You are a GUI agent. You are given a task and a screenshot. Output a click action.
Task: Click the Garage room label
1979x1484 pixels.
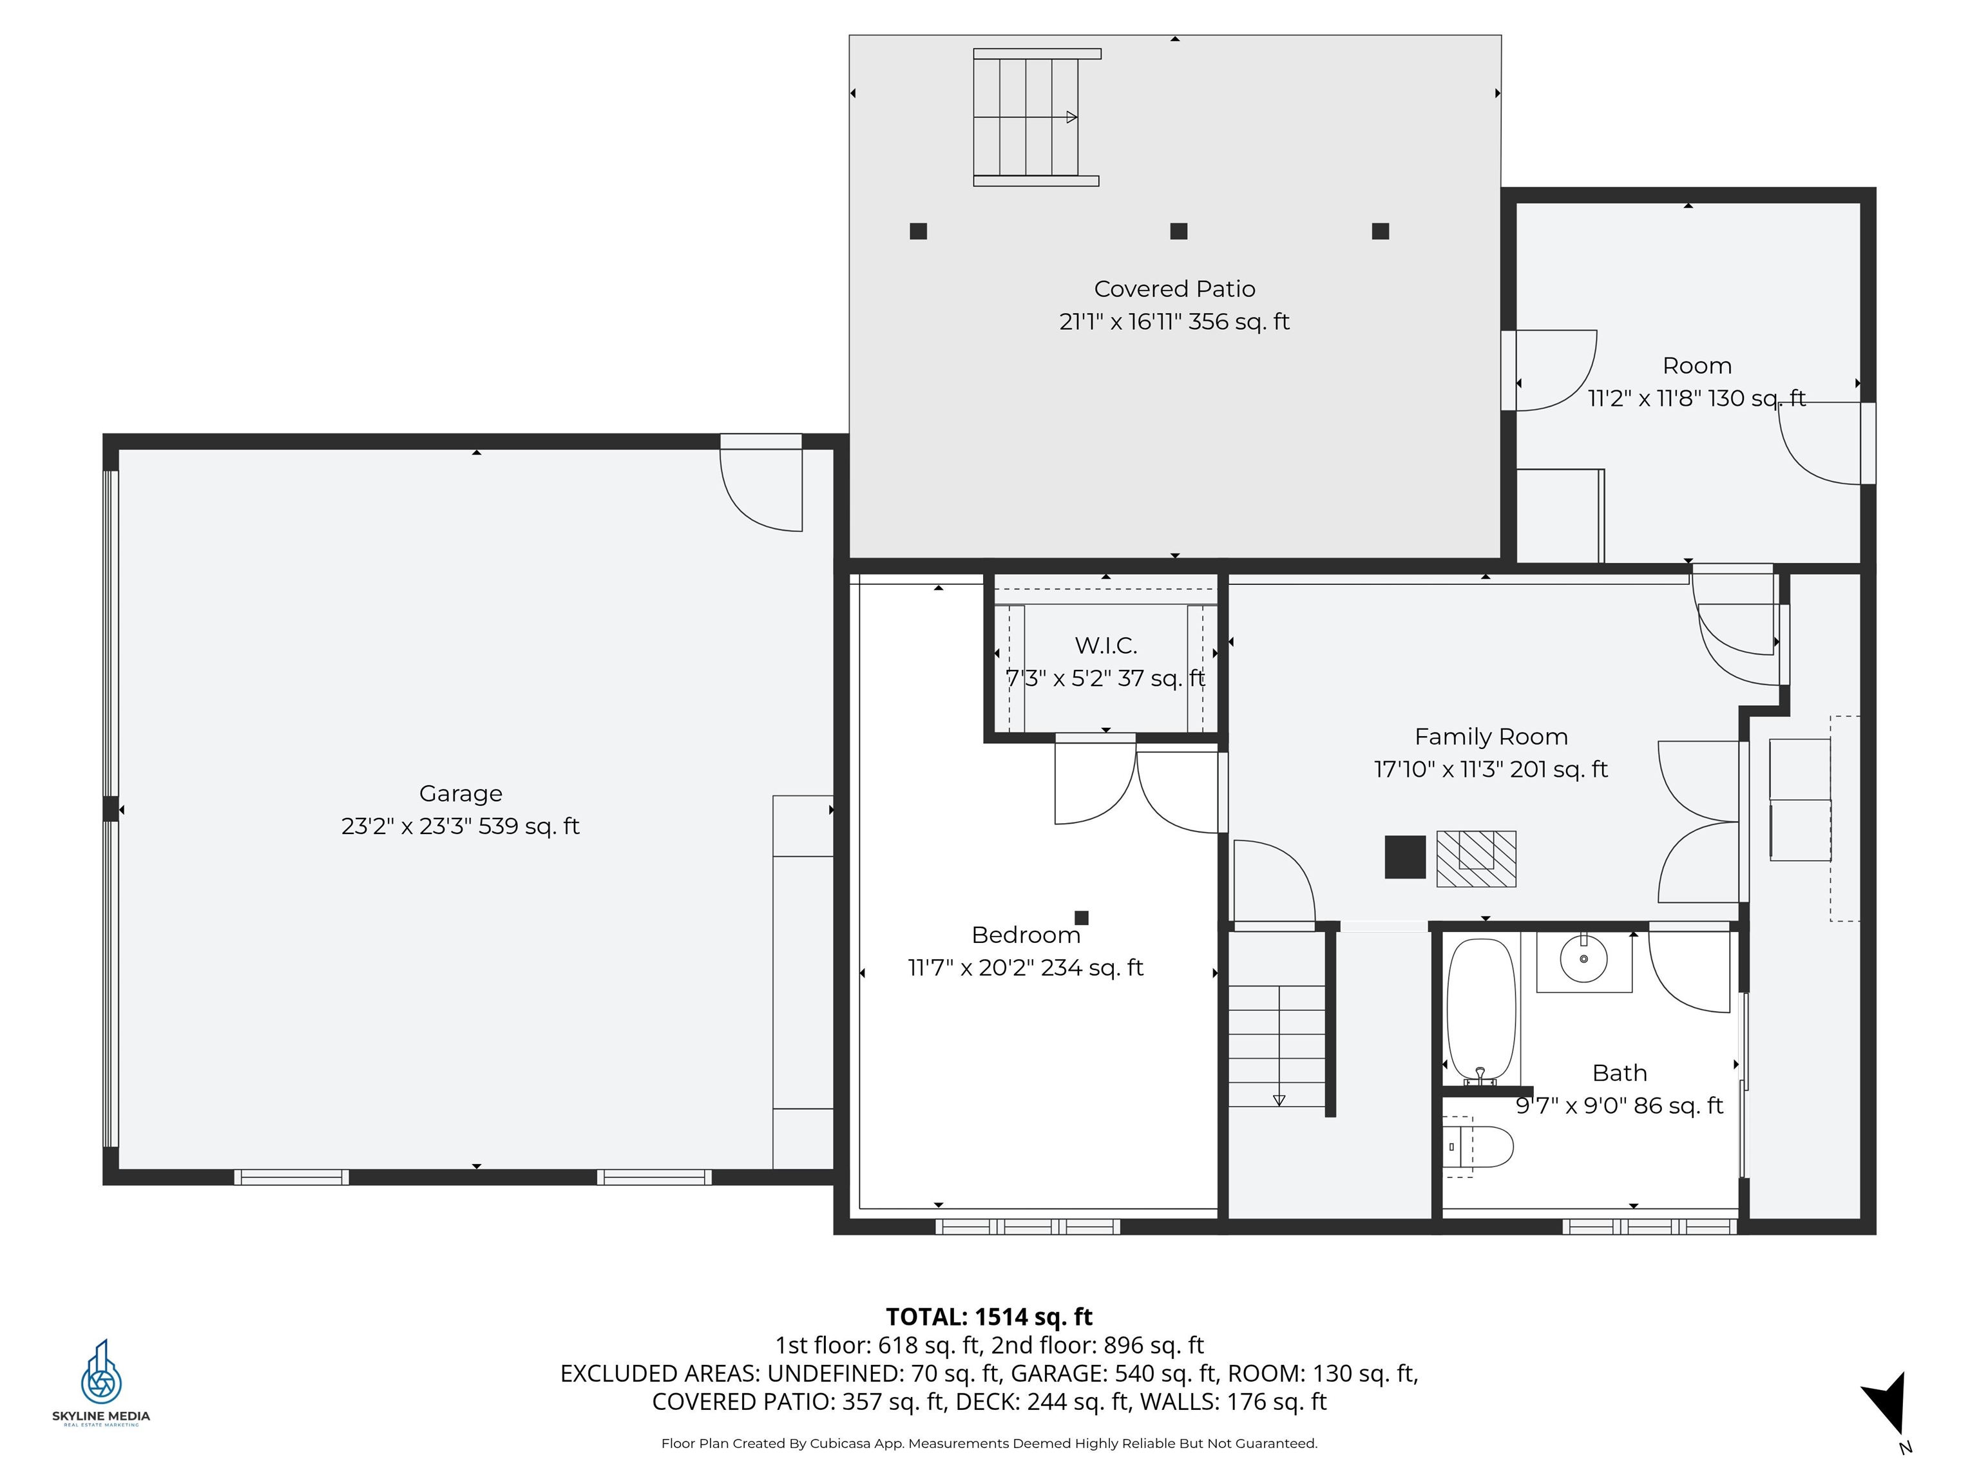pyautogui.click(x=460, y=794)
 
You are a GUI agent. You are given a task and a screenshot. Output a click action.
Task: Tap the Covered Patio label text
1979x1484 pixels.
pyautogui.click(x=1174, y=289)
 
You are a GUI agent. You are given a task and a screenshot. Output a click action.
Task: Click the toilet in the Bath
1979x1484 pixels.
pyautogui.click(x=1480, y=1146)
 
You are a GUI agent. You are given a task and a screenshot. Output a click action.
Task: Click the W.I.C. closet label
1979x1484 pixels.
pyautogui.click(x=1106, y=645)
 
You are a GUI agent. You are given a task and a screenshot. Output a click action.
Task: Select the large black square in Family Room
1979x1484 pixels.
pyautogui.click(x=1404, y=857)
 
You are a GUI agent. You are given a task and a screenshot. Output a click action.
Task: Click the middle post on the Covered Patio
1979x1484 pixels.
pyautogui.click(x=1178, y=231)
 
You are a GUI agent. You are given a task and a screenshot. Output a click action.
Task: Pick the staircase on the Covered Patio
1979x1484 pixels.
pyautogui.click(x=1036, y=117)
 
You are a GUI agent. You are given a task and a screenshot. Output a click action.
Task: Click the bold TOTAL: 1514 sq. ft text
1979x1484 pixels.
pyautogui.click(x=989, y=1317)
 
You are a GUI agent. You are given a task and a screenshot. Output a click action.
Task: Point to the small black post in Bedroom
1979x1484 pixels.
pyautogui.click(x=1081, y=918)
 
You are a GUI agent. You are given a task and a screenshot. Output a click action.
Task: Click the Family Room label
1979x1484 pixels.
pyautogui.click(x=1491, y=737)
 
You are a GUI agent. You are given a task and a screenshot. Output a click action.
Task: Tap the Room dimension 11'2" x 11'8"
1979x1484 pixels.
pyautogui.click(x=1696, y=398)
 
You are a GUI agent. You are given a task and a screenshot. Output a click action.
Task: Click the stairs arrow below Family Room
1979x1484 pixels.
pyautogui.click(x=1279, y=1099)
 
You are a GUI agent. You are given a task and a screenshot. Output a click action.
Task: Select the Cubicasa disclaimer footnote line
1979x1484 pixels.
pyautogui.click(x=989, y=1443)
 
